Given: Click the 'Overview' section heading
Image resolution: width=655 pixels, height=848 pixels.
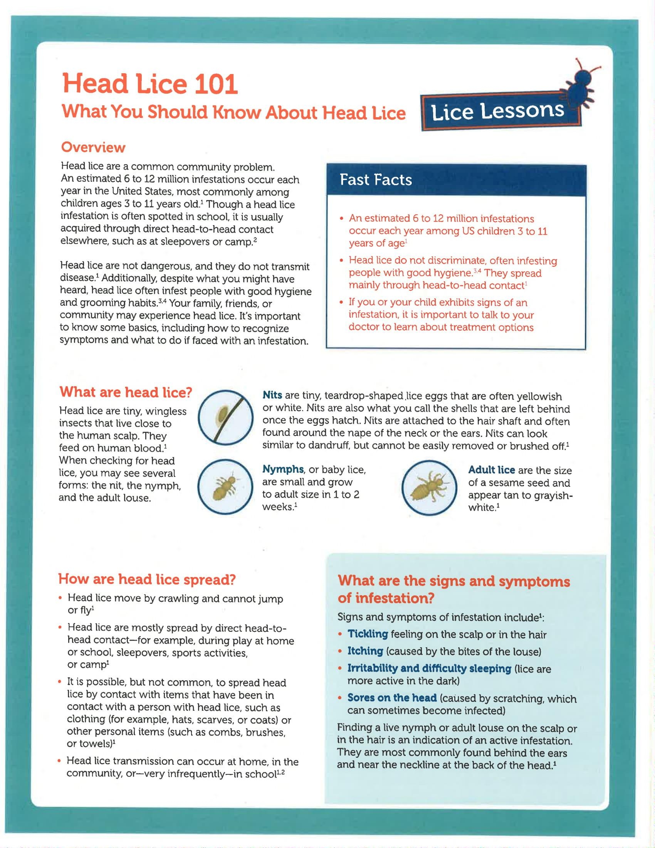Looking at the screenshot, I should [93, 148].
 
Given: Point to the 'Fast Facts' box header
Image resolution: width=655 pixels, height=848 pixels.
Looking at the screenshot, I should [376, 180].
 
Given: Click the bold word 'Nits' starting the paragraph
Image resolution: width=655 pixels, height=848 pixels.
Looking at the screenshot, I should [272, 395].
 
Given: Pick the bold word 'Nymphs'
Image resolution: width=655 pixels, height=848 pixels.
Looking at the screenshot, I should [283, 469].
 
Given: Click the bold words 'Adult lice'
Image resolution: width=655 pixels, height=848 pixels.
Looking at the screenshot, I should [491, 470].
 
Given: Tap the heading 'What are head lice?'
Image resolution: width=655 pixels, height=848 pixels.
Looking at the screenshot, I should [126, 392].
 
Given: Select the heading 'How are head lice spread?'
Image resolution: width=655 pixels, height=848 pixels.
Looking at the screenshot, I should [147, 579].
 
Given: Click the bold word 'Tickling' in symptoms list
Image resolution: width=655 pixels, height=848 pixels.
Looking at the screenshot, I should [368, 634].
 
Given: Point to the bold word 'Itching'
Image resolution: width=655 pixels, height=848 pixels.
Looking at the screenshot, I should [365, 651].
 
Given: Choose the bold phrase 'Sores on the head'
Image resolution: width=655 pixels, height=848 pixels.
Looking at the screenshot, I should [392, 698].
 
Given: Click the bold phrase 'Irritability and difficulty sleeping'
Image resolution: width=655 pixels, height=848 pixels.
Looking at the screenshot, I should [429, 668].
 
